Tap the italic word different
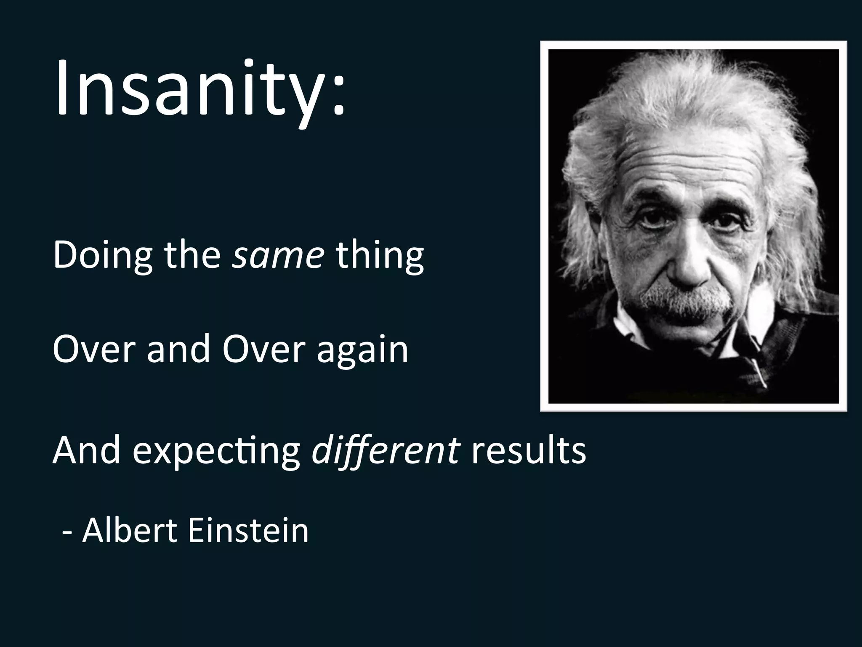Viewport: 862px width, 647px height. tap(385, 451)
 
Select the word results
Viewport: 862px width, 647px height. tap(528, 451)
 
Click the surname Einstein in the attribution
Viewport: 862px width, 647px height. tap(248, 531)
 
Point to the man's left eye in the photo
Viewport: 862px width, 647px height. tap(725, 222)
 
